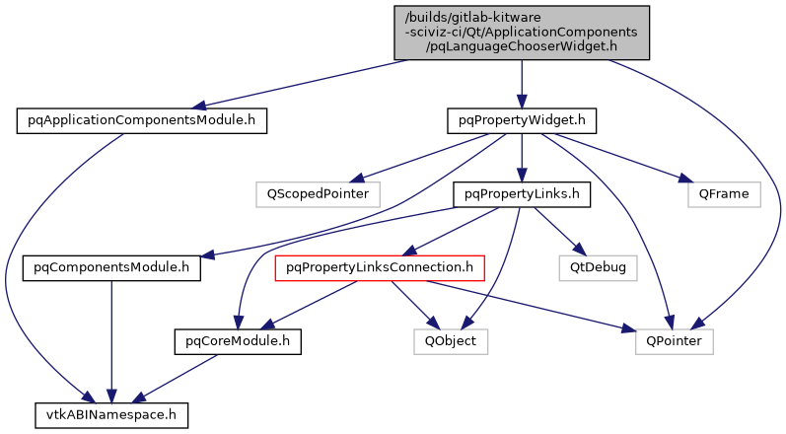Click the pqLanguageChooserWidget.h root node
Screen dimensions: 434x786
521,31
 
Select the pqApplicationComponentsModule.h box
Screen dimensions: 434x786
142,121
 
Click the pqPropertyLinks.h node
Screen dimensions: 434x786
521,194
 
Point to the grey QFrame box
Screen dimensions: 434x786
724,194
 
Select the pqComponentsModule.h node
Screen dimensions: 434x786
111,267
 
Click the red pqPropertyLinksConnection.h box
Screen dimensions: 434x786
380,267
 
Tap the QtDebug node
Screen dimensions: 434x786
597,267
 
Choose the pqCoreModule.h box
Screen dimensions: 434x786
236,341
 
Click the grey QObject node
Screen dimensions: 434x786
451,341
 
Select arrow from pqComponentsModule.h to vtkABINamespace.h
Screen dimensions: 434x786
111,341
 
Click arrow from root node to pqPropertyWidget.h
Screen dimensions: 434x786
521,83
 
